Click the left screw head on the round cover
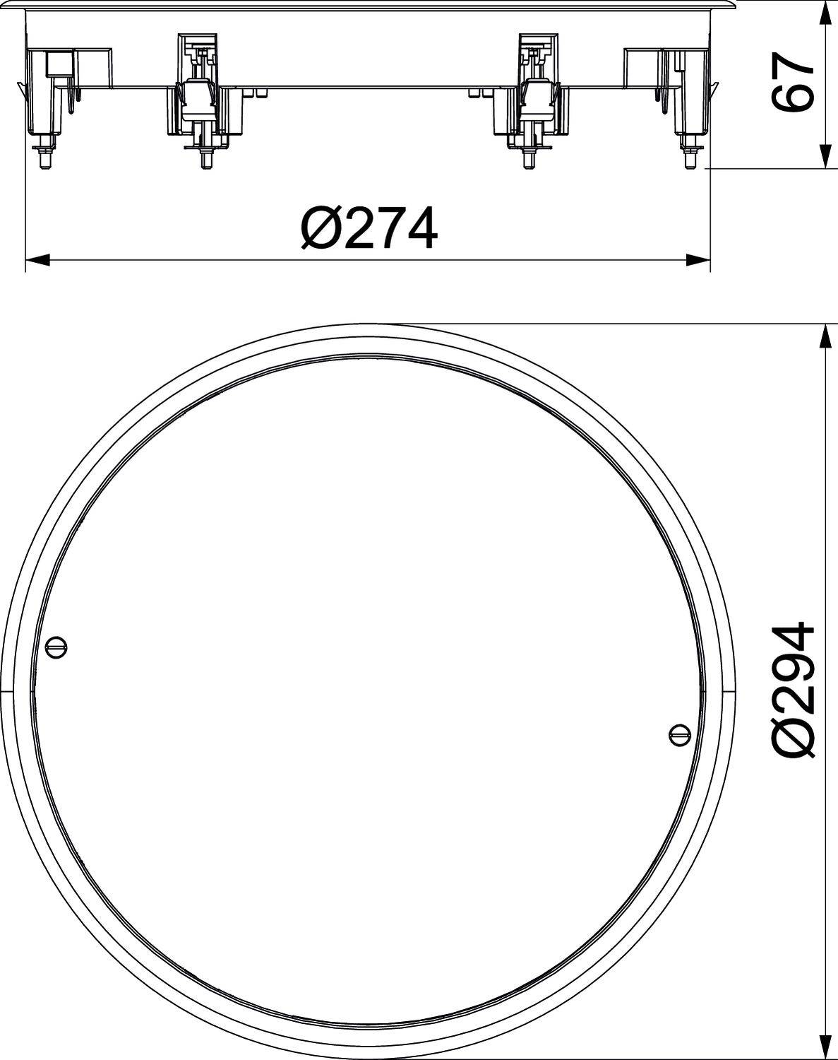pos(56,644)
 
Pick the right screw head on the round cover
pos(678,734)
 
